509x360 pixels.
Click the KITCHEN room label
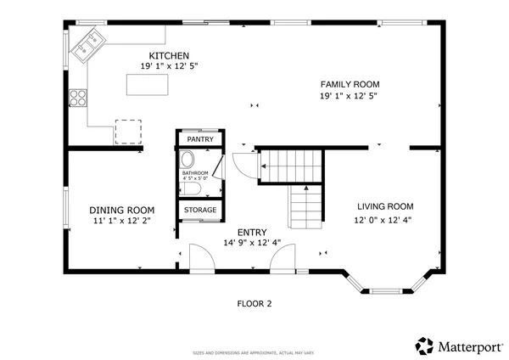pos(164,55)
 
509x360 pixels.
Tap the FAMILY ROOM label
pos(349,84)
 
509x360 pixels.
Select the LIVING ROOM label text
pos(384,206)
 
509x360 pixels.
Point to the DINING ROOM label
pos(122,210)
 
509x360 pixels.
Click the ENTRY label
pos(251,232)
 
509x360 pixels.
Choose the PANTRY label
pos(200,139)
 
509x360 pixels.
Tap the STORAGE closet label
pos(200,210)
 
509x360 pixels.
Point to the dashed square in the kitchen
pos(127,132)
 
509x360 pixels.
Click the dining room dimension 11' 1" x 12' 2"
pos(122,221)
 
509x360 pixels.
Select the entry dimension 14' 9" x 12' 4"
pos(251,243)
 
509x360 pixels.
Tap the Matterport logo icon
pos(424,346)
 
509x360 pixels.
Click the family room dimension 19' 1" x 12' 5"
pos(349,96)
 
